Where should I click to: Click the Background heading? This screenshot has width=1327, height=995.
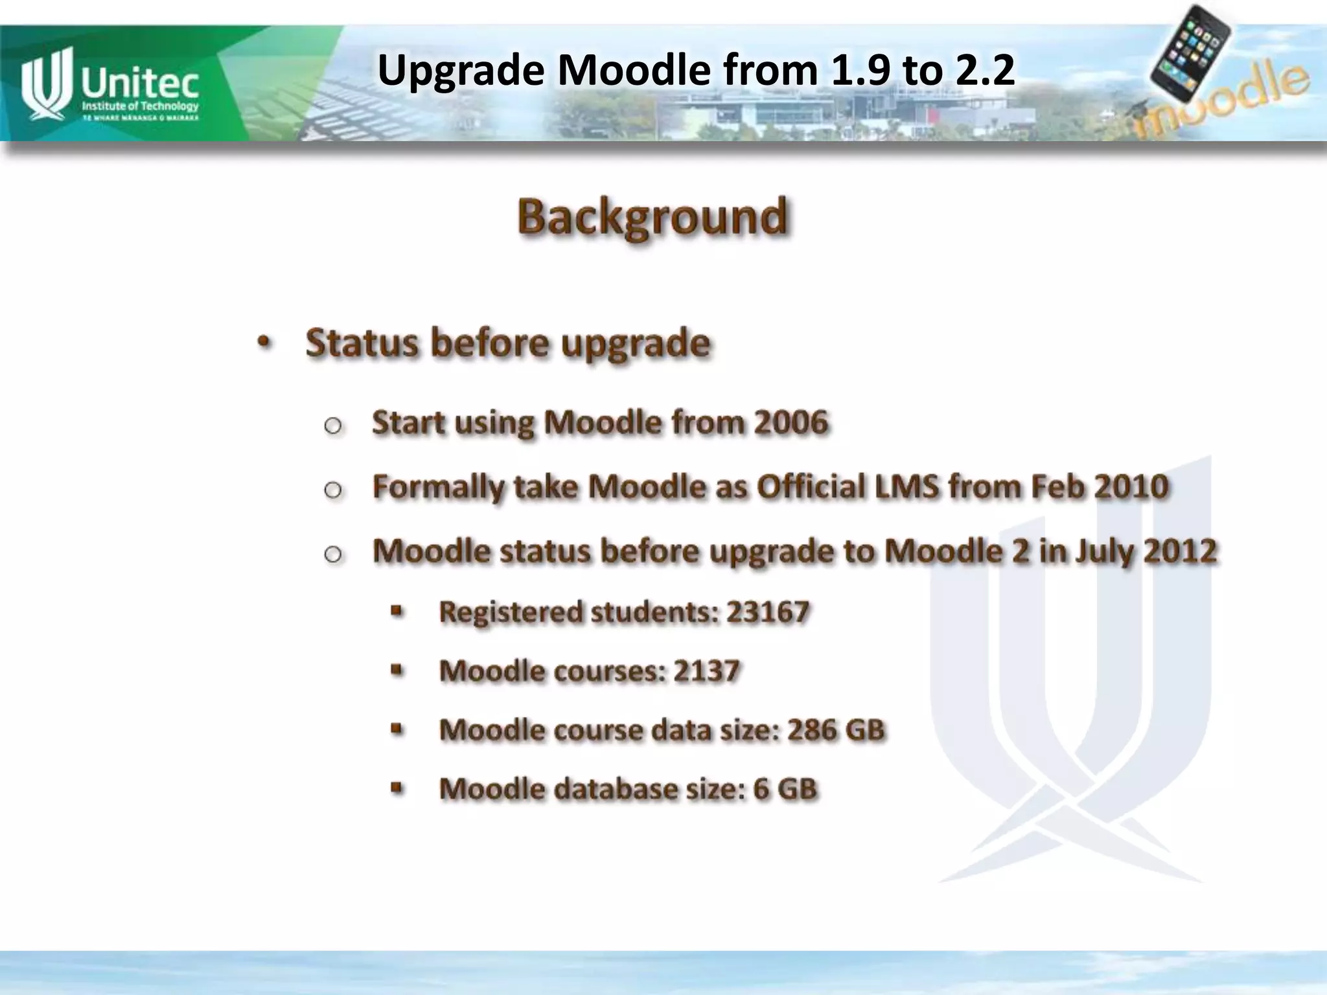[x=652, y=216]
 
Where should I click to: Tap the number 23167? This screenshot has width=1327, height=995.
[x=768, y=612]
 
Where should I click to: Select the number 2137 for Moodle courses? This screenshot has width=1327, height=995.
[x=706, y=670]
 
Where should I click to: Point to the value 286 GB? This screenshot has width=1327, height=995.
[x=836, y=730]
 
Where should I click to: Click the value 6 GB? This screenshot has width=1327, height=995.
[x=785, y=789]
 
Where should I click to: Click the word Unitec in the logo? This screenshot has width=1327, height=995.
[x=140, y=82]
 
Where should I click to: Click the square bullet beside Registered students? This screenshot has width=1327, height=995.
[x=397, y=611]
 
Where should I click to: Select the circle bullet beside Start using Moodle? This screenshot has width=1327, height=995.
[x=333, y=426]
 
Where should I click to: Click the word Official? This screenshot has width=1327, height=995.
[x=811, y=486]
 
